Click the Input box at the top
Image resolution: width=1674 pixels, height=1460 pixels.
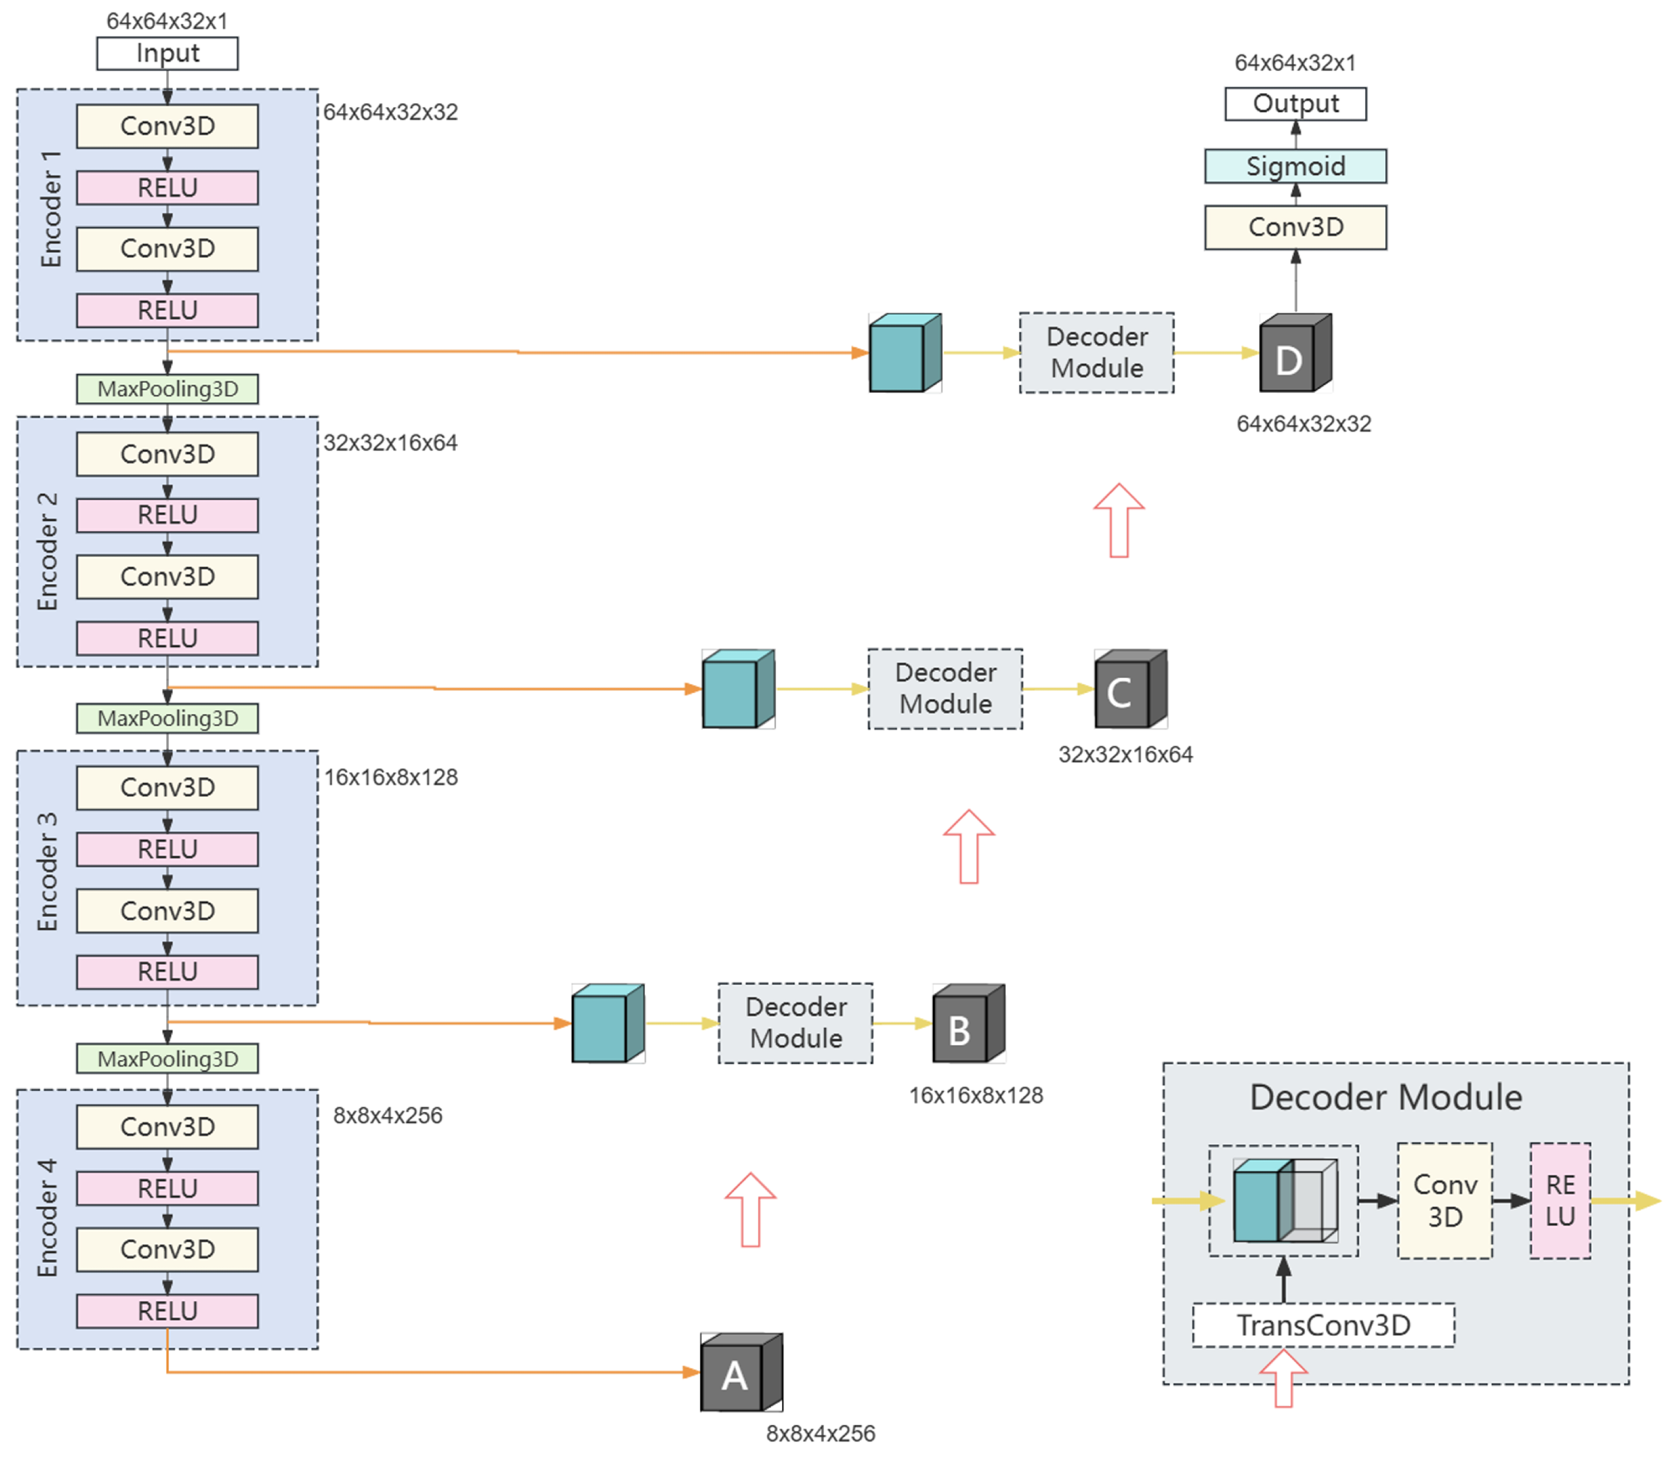167,53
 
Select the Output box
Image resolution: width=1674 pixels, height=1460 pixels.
1295,103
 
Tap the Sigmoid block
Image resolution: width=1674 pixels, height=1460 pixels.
1295,166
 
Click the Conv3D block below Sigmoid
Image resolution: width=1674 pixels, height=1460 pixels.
1295,227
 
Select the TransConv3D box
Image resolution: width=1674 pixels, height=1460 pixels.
1323,1325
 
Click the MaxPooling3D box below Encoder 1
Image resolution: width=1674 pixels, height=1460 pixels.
167,389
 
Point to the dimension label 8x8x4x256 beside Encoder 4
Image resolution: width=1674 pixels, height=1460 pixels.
387,1116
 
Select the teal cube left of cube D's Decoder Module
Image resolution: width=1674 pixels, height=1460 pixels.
904,354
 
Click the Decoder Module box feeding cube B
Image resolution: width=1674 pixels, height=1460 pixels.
795,1023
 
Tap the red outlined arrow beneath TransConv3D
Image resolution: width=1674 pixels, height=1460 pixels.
1283,1378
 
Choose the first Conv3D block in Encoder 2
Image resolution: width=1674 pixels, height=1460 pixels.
167,454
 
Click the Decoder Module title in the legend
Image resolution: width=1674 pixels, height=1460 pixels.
1385,1097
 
